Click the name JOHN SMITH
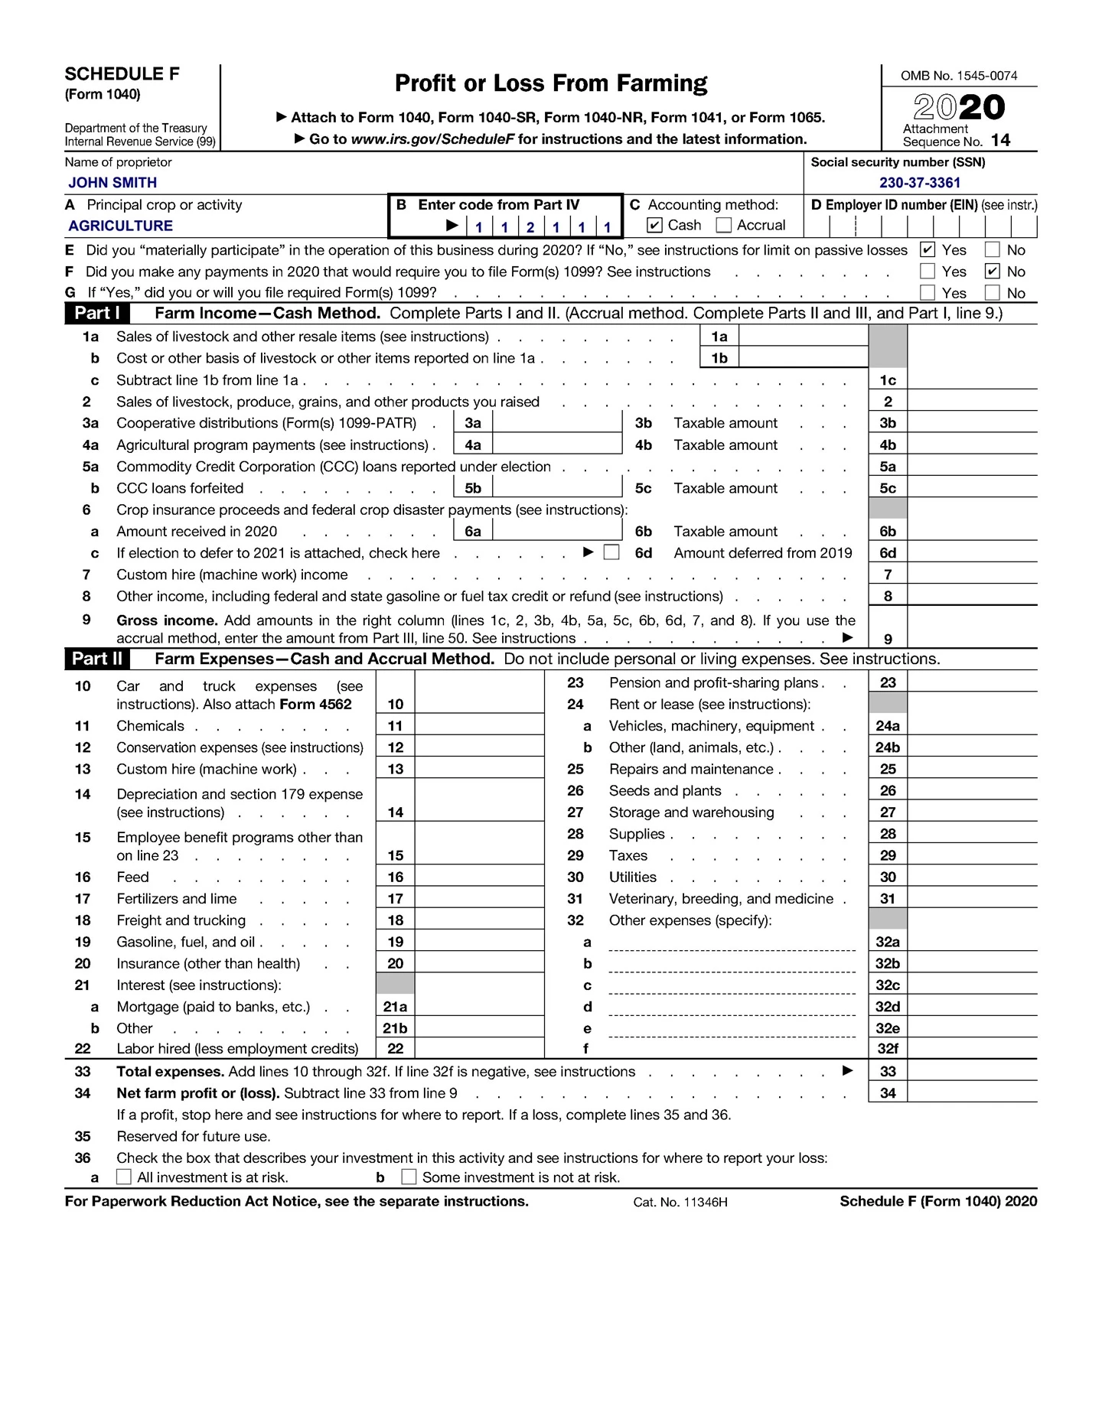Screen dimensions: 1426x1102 tap(112, 182)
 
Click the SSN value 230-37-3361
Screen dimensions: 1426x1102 tap(919, 182)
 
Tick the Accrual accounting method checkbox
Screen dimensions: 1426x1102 tap(723, 225)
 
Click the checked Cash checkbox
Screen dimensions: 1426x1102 tap(654, 225)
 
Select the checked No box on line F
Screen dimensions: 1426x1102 tap(993, 271)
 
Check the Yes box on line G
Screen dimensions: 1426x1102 tap(928, 292)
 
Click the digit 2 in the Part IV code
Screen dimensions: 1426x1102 tap(530, 226)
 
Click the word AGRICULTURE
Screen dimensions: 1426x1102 tap(121, 226)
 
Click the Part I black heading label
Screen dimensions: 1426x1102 tap(96, 313)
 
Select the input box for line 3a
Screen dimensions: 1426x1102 tap(556, 423)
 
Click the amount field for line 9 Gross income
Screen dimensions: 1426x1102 tap(972, 627)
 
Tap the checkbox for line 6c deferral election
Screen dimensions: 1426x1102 tap(611, 552)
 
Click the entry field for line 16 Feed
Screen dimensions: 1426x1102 tap(479, 877)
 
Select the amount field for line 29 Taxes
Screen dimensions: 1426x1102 tap(972, 855)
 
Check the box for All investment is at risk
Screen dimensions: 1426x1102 tap(124, 1177)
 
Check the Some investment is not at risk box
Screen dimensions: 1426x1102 tap(409, 1177)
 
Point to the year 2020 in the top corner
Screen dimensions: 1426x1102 tap(959, 107)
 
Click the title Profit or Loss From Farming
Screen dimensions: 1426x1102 tap(550, 83)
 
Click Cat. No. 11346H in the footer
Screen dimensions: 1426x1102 tap(680, 1202)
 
